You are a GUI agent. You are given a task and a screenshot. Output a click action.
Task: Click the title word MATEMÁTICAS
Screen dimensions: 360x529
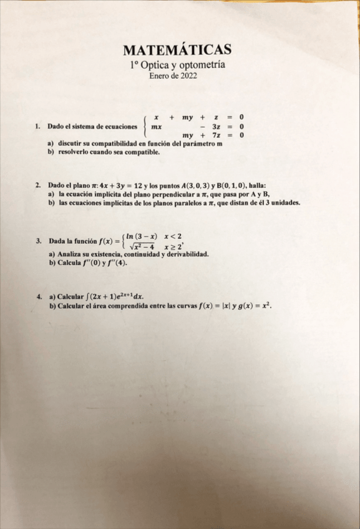pos(178,50)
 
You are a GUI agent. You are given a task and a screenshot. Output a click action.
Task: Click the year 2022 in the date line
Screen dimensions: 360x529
pos(188,75)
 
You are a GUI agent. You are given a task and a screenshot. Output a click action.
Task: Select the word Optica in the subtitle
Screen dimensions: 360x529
pos(154,64)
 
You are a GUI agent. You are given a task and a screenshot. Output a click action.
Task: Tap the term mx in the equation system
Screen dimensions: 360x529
pos(157,125)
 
